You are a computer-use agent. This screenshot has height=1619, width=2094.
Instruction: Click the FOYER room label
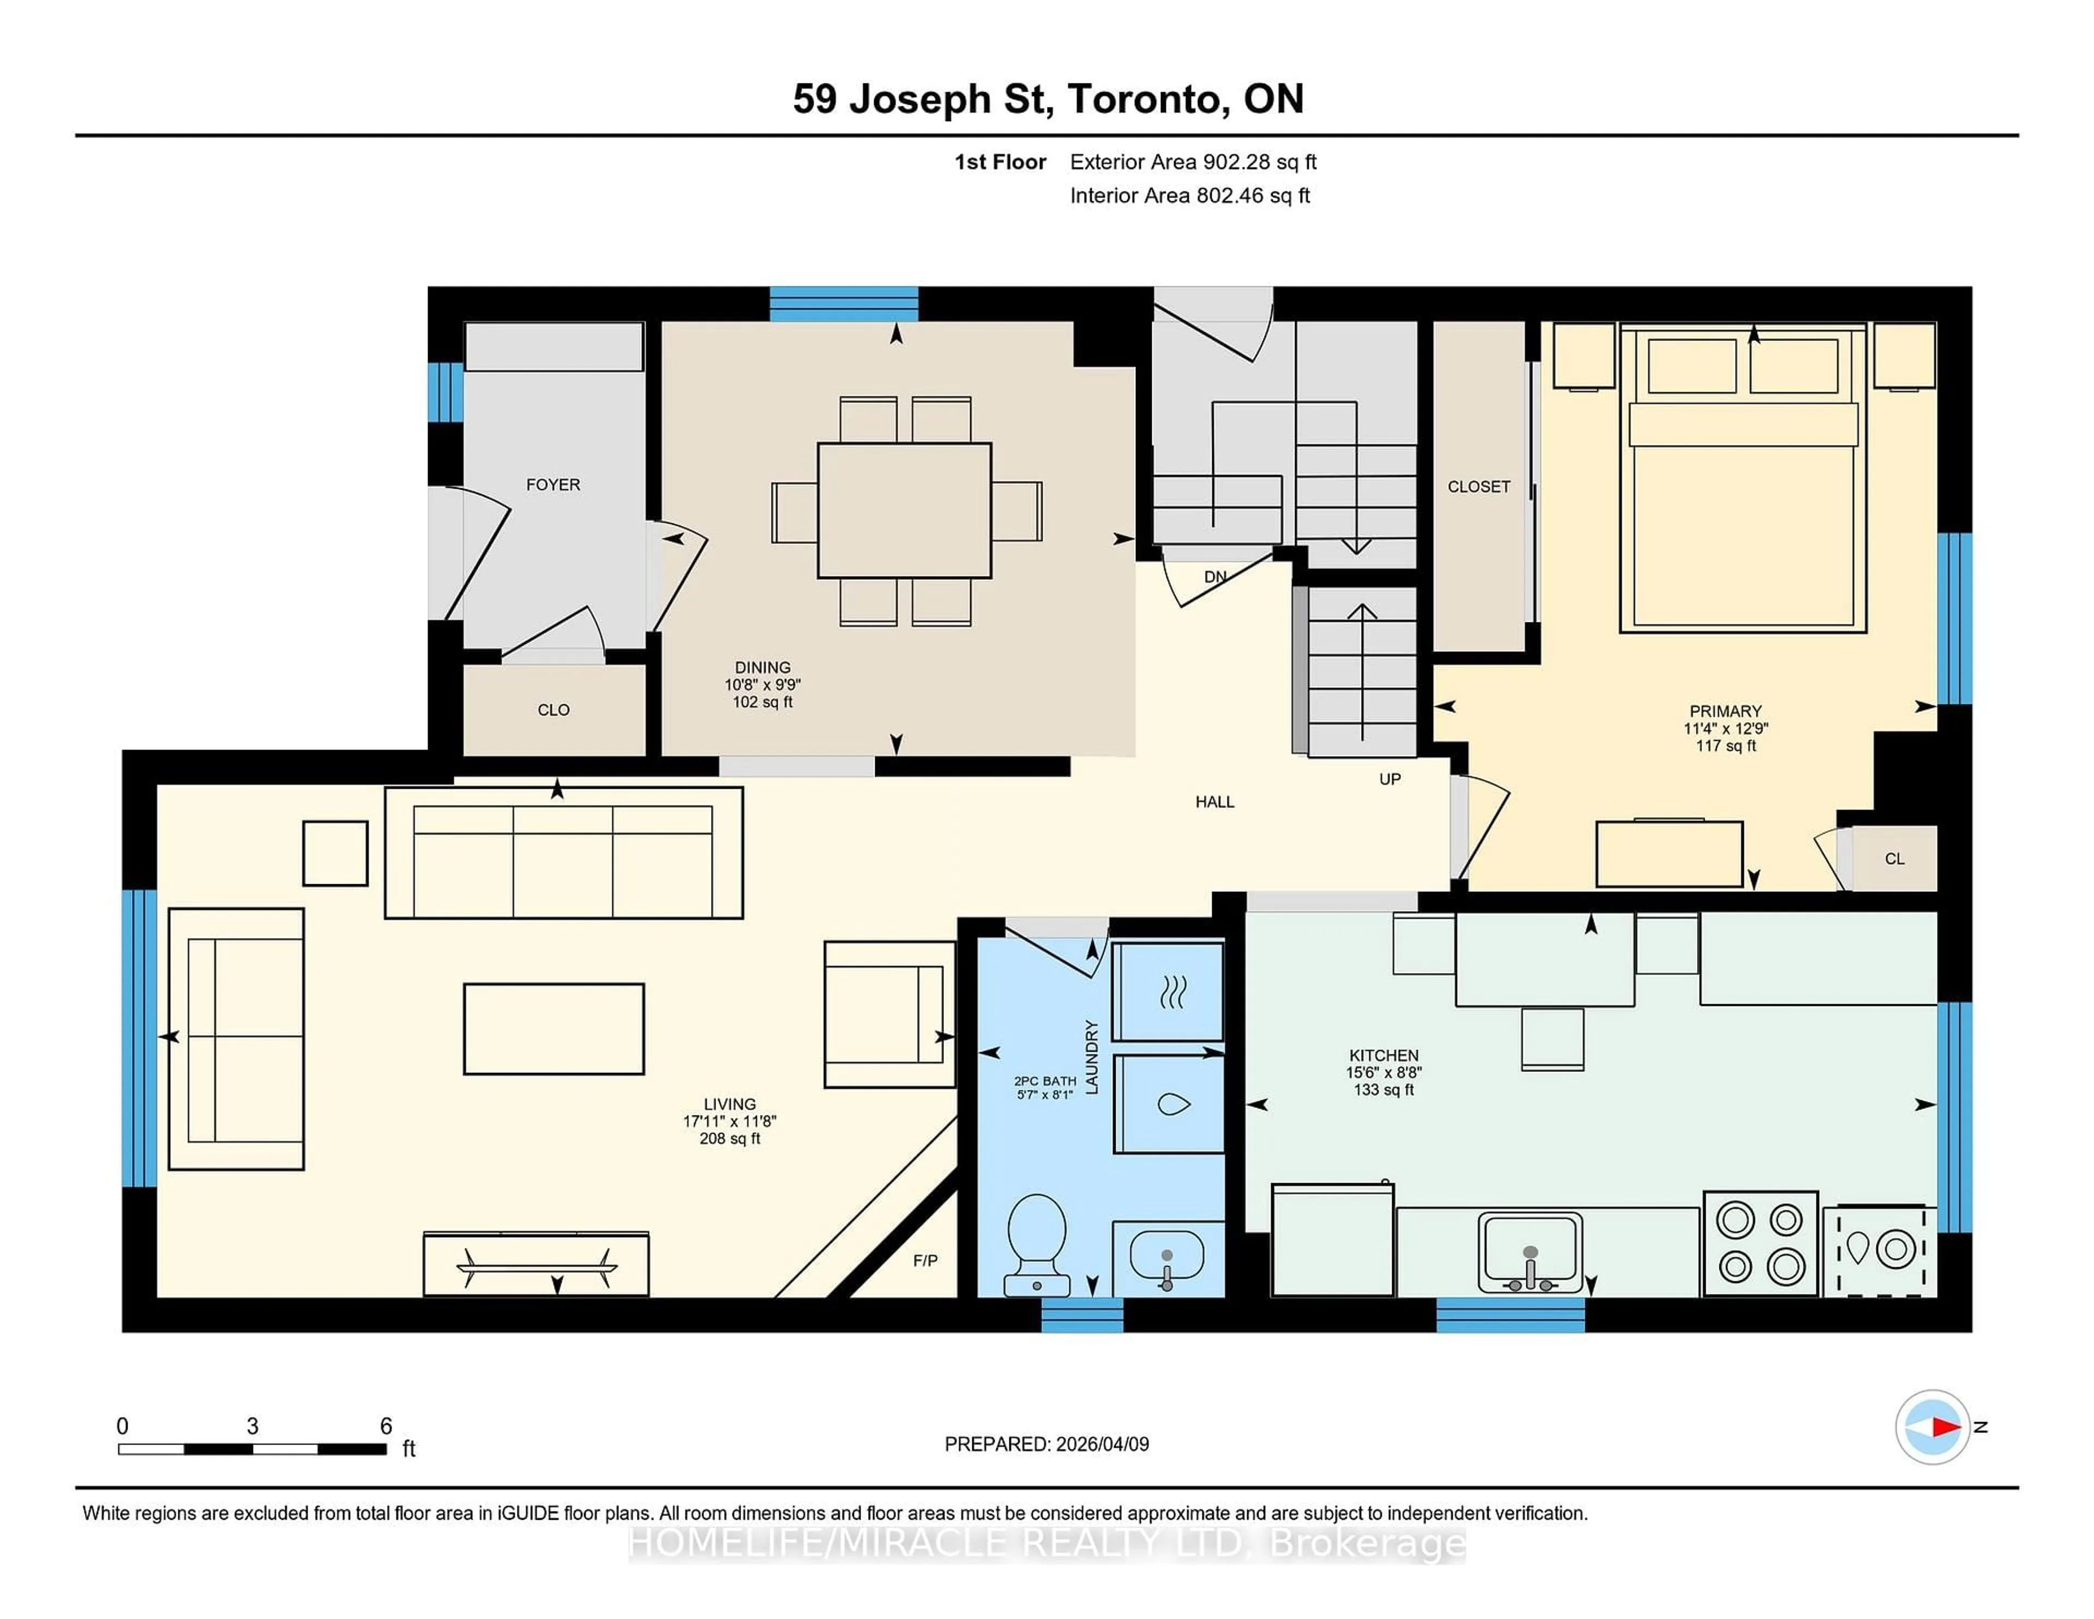[553, 484]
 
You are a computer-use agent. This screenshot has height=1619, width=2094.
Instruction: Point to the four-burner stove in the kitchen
[1760, 1243]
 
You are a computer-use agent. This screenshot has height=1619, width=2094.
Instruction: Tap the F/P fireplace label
[925, 1260]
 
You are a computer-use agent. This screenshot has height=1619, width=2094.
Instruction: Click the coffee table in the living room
[553, 1028]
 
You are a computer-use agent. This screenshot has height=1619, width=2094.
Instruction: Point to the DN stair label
[1215, 577]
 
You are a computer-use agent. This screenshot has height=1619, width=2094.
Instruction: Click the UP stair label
[1389, 779]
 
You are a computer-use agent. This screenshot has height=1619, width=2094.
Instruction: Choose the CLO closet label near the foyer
[553, 710]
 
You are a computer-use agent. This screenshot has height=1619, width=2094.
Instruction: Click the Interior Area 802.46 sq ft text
[1189, 196]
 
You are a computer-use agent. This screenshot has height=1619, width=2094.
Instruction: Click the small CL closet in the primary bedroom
[1894, 859]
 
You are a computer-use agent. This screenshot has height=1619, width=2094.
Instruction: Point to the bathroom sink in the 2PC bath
[1167, 1256]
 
